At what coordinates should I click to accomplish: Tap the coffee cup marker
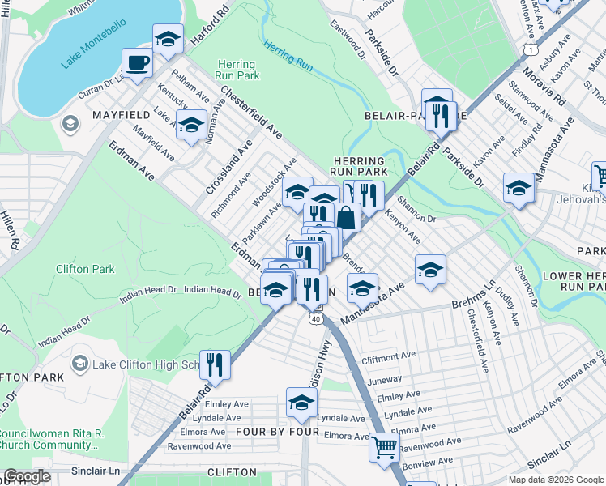pos(137,62)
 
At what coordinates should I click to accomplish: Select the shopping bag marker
pos(346,216)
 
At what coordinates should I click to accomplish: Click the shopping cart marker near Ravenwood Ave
pos(384,446)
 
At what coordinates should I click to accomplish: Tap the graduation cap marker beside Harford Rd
pos(168,38)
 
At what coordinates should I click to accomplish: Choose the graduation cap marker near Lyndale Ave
pos(301,403)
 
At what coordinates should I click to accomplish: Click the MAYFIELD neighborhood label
pos(123,115)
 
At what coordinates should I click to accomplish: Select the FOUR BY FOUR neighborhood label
pos(275,432)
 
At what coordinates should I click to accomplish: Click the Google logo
pos(27,476)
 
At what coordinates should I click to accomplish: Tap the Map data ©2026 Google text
pos(555,480)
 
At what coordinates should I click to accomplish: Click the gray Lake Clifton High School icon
pos(79,364)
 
